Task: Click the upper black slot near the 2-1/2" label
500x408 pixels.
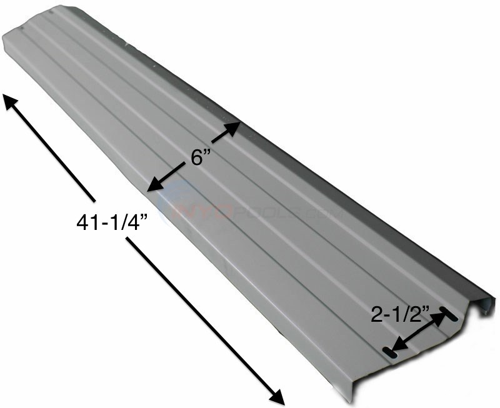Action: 449,316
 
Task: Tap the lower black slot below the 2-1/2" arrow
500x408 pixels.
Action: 390,353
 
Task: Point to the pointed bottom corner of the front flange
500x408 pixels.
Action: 352,399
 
